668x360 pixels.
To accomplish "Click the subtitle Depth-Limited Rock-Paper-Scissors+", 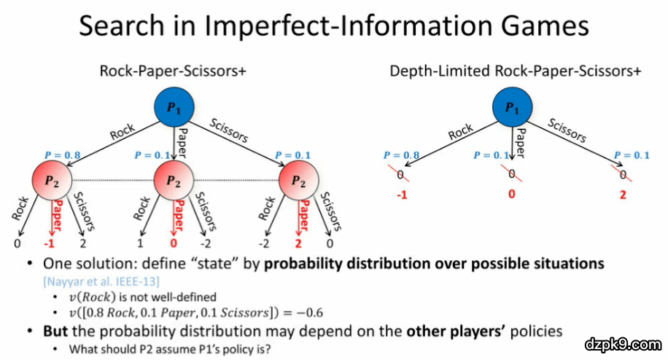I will click(516, 71).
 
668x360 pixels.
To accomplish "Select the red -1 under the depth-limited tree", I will click(400, 195).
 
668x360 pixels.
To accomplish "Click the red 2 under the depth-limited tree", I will click(622, 195).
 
